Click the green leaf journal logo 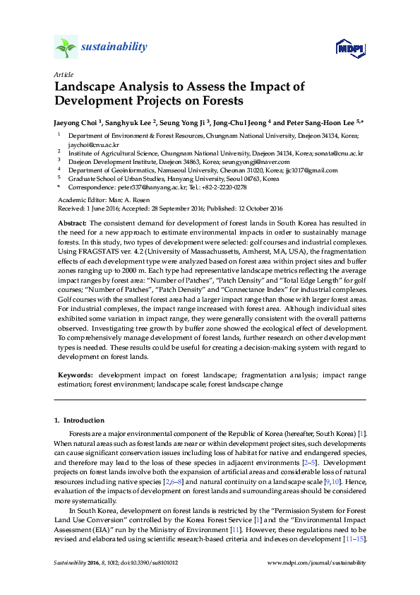coord(65,47)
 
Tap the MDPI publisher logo coord(350,47)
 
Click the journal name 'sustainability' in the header coord(114,47)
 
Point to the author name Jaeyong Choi coord(76,122)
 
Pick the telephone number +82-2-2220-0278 coord(222,188)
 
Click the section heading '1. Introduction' coord(79,420)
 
